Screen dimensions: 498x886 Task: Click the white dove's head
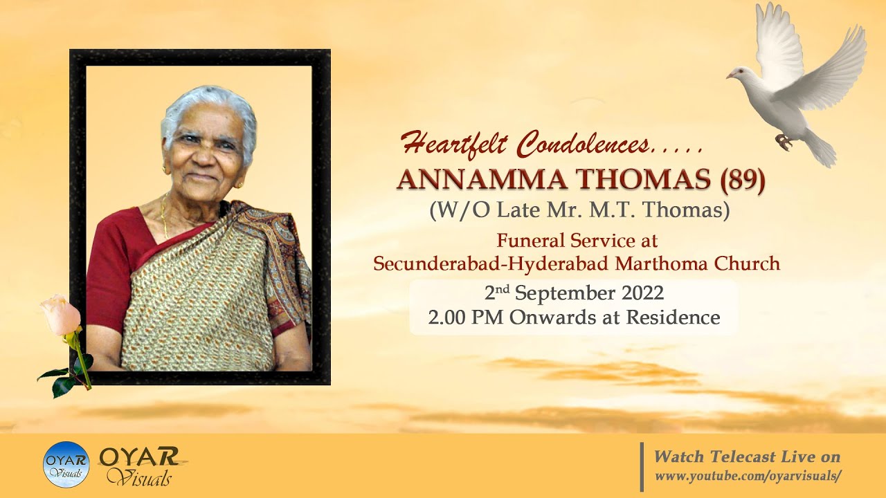[x=741, y=73]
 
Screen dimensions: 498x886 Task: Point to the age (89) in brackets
[x=743, y=180]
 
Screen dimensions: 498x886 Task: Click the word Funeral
[x=528, y=241]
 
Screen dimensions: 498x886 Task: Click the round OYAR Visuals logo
[x=66, y=464]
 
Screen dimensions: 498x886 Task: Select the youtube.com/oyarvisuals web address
[x=748, y=476]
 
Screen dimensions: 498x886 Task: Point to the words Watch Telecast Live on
[x=748, y=456]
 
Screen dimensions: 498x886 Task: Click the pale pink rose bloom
[x=60, y=315]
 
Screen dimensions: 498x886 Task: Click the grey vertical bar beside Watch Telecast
[x=642, y=466]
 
